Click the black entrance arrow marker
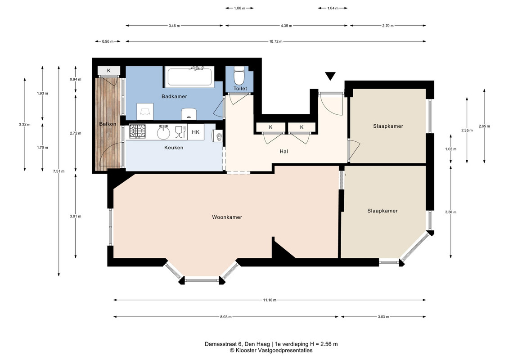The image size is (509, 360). click(x=330, y=76)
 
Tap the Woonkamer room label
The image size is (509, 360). click(x=227, y=217)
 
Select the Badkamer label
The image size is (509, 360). click(x=174, y=96)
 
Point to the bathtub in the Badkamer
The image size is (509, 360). click(x=189, y=76)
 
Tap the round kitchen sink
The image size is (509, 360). click(x=163, y=132)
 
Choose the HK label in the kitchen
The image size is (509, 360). click(x=195, y=132)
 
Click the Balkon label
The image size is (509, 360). click(x=108, y=124)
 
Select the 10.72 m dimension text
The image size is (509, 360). click(x=275, y=41)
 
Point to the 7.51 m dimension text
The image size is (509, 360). click(x=59, y=171)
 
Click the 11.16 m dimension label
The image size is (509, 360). click(x=270, y=300)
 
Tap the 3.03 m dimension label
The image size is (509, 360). click(x=383, y=316)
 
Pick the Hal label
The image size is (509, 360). click(x=284, y=151)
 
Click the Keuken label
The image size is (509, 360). click(x=174, y=148)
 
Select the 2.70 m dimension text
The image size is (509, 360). click(x=388, y=26)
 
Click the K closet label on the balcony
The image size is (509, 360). click(x=109, y=71)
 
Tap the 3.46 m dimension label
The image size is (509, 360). click(x=174, y=26)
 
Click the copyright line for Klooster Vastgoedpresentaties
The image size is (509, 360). click(x=271, y=351)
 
